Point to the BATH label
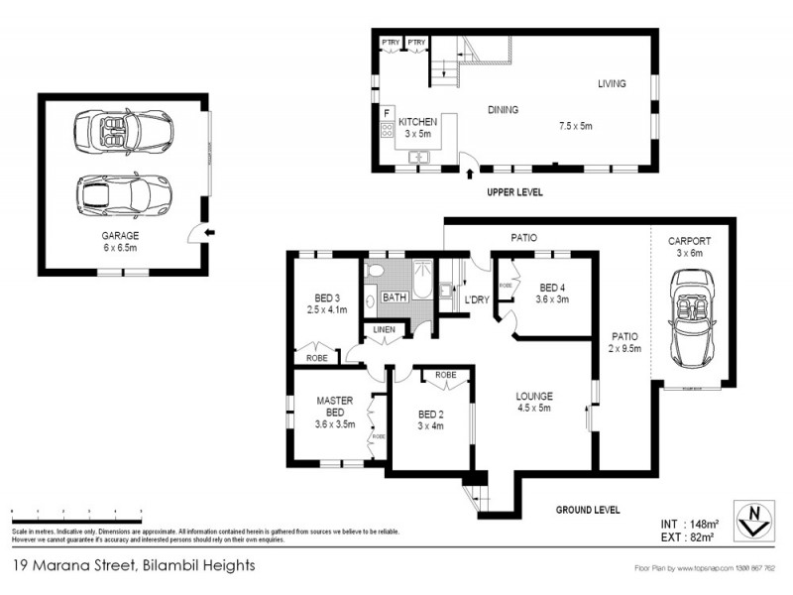click(x=395, y=297)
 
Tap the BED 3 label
click(x=328, y=297)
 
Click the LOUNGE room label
click(x=534, y=397)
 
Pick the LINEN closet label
click(x=385, y=330)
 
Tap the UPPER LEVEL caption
click(x=514, y=191)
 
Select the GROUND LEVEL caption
click(x=588, y=510)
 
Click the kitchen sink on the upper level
click(x=418, y=156)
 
